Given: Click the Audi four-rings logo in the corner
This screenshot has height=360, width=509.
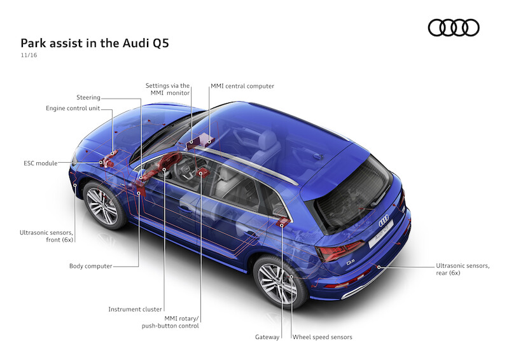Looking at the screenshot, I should [453, 27].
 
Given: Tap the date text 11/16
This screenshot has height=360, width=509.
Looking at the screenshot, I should [29, 57].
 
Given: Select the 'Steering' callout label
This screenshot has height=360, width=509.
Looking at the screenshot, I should [88, 97].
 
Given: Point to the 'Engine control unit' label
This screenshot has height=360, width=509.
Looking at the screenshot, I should [73, 108].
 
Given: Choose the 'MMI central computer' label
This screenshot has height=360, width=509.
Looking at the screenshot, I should [242, 86].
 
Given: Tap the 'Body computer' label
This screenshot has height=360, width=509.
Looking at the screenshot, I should [90, 266].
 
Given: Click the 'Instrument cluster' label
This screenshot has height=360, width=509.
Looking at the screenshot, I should [135, 309].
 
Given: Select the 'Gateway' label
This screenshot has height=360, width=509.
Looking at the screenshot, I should [267, 336].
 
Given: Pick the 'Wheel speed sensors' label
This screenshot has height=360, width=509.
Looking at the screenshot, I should [322, 336].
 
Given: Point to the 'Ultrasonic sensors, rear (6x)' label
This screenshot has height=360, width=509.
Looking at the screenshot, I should [463, 269].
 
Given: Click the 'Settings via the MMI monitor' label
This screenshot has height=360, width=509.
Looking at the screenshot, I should [167, 89].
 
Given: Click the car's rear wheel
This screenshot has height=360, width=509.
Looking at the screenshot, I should [277, 282].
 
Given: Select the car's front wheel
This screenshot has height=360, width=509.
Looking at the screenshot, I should [102, 205].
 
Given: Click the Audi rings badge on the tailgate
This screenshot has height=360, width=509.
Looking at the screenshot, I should [384, 221].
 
